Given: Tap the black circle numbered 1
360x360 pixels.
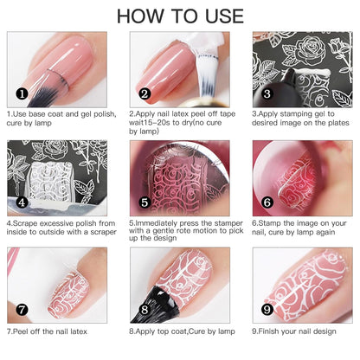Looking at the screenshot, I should click(22, 93).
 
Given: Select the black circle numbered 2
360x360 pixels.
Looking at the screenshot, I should click(145, 93).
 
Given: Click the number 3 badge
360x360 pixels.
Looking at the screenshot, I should click(267, 93).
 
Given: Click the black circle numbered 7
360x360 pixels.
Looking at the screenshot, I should click(22, 308).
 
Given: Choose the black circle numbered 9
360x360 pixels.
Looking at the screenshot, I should click(267, 308).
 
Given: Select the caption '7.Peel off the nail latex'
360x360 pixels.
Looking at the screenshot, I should click(48, 330).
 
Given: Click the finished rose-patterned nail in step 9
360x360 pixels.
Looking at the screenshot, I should click(312, 290).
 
